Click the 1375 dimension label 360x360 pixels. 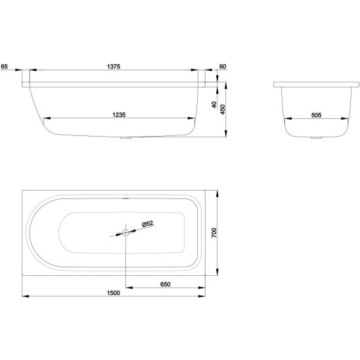coord(114,66)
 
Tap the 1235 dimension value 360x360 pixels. coord(119,115)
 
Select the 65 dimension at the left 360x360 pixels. coord(5,66)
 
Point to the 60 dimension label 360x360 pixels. coord(223,66)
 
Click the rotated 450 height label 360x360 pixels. coord(223,110)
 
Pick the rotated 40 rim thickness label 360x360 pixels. coord(214,104)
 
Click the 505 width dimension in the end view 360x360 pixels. coord(316,115)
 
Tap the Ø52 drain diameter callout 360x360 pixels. coord(148,223)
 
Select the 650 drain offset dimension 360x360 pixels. coord(166,284)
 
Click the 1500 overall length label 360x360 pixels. coord(114,293)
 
